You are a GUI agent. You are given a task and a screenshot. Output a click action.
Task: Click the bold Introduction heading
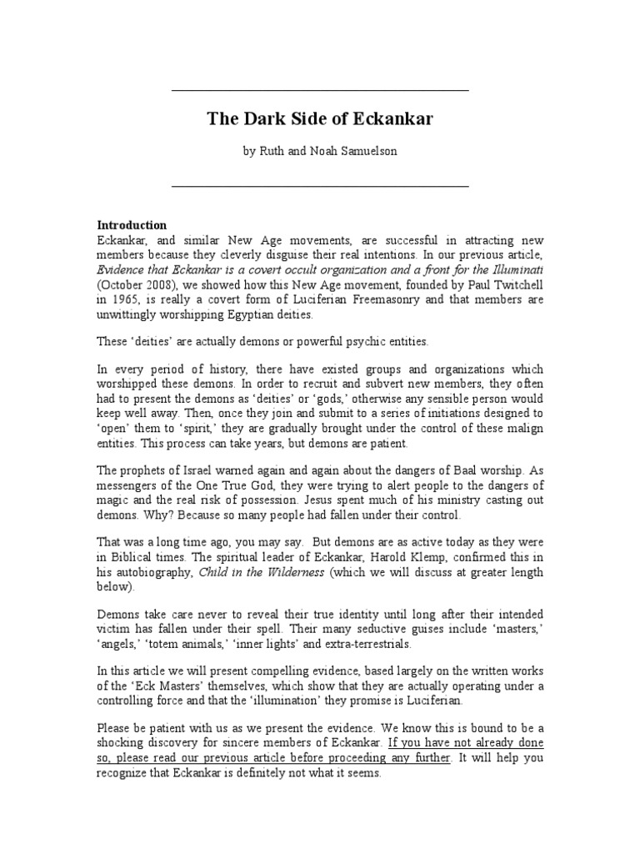click(x=132, y=225)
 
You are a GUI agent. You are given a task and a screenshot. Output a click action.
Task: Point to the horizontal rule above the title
click(x=319, y=90)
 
